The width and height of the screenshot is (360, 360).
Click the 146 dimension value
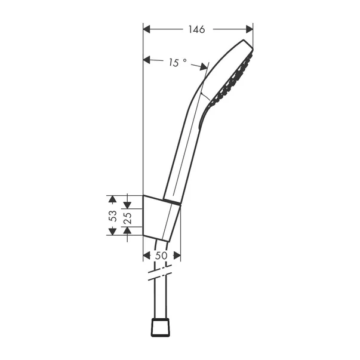click(197, 29)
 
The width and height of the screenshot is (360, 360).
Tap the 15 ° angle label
click(177, 61)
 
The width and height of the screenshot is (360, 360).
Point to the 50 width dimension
click(161, 256)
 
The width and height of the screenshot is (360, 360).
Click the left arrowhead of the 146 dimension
click(147, 29)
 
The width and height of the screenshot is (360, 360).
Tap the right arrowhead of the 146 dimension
click(250, 29)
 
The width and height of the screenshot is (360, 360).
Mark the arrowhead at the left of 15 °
click(147, 59)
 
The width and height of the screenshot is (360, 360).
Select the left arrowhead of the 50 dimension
click(147, 256)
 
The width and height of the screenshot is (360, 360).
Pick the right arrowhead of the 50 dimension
click(177, 256)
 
